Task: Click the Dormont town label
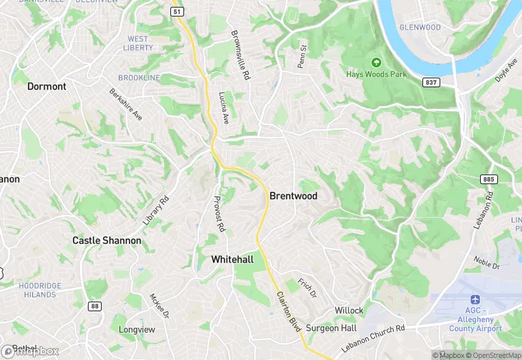[x=47, y=87]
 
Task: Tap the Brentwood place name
[x=293, y=196]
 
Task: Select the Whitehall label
[x=232, y=260]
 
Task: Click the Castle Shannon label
[x=106, y=240]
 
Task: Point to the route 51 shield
[x=178, y=12]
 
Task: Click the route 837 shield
[x=430, y=82]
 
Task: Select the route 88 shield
[x=93, y=306]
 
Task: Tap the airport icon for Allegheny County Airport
[x=475, y=300]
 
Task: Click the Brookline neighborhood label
[x=139, y=78]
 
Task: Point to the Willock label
[x=349, y=311]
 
